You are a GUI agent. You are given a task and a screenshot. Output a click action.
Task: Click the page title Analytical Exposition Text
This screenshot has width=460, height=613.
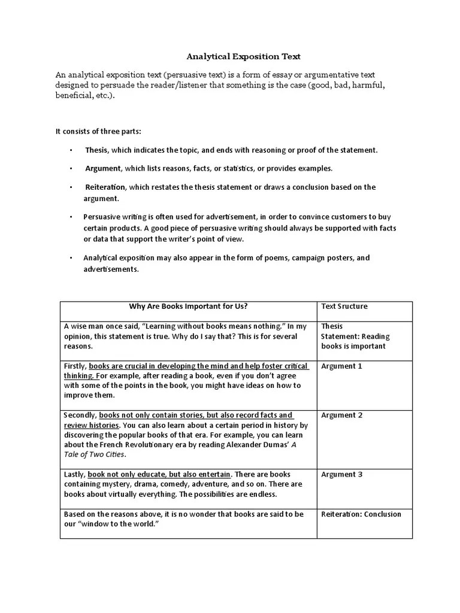point(243,57)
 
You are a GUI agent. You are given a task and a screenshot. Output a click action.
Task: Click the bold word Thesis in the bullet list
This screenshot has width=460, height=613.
point(96,150)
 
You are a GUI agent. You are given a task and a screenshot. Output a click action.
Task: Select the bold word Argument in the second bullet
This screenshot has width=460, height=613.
point(102,168)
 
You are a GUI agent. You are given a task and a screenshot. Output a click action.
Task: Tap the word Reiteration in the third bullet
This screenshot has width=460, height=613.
point(105,187)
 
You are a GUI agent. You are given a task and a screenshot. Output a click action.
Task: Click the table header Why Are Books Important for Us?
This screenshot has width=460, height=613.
point(189,306)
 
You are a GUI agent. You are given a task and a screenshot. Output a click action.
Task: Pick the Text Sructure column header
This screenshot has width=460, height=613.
point(344,306)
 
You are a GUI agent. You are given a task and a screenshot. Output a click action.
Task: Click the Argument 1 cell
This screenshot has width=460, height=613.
point(341,366)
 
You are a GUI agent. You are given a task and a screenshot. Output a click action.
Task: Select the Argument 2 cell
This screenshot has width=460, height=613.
point(341,415)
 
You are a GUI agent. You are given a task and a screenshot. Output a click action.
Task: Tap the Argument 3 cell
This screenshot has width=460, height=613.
point(341,474)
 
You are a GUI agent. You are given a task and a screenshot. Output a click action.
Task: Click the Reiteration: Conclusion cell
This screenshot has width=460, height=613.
point(361,514)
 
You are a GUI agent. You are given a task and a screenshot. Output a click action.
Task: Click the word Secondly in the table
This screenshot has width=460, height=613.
point(80,415)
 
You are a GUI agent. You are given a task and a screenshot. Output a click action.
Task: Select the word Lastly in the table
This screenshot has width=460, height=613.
point(74,474)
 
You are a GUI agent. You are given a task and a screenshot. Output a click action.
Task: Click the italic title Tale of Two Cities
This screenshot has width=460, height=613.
point(95,454)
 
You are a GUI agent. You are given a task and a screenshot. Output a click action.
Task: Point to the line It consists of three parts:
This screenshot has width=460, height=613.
point(98,131)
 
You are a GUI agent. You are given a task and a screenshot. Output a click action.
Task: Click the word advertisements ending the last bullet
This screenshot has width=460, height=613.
point(111,269)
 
